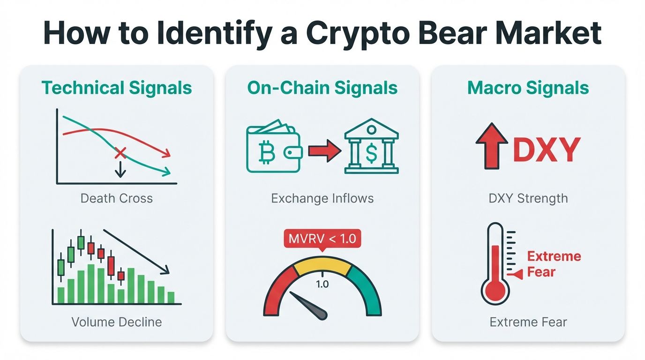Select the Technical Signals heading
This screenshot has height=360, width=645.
point(117,88)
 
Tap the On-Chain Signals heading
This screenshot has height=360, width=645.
point(322,88)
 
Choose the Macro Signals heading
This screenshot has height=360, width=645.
point(528,88)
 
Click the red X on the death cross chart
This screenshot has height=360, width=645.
point(120,152)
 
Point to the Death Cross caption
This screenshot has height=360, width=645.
point(117,198)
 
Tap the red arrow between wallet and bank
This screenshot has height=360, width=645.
point(324,150)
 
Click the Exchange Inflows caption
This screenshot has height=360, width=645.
point(322,198)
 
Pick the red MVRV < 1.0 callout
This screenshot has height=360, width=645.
point(322,239)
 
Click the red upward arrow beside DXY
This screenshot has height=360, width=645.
point(492,146)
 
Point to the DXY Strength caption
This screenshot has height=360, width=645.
point(528,198)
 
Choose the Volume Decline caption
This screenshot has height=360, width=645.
point(117,322)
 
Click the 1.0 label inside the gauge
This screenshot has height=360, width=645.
point(322,284)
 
